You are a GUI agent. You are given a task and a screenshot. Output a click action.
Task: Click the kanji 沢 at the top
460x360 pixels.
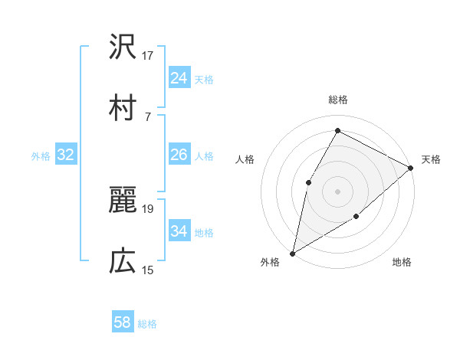(123, 48)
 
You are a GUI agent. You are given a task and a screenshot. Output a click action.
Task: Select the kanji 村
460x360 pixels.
(123, 109)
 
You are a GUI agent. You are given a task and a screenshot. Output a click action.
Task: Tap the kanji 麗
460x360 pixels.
(123, 201)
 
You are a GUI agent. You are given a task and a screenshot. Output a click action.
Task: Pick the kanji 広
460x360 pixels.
(123, 262)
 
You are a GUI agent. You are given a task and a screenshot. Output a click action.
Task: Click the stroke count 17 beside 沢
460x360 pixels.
(148, 55)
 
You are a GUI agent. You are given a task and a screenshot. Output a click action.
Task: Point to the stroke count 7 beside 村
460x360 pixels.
(147, 116)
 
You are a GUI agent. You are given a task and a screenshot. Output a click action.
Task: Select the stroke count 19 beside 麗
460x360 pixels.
(148, 208)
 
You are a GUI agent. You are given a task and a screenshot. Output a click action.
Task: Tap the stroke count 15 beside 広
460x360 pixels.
(148, 270)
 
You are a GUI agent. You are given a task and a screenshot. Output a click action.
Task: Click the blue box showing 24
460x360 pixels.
(179, 78)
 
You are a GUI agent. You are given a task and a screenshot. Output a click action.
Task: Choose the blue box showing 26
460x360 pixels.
(179, 155)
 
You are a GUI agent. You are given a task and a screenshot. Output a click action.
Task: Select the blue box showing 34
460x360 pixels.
(179, 231)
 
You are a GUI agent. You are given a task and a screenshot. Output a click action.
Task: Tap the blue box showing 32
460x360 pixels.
(66, 155)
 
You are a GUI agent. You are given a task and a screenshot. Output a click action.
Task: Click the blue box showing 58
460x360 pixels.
(123, 323)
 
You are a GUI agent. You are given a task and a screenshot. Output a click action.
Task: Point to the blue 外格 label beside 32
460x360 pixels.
(41, 156)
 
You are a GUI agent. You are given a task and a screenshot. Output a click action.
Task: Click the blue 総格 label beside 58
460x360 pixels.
(147, 324)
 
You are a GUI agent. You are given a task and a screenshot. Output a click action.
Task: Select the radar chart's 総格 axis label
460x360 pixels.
(337, 100)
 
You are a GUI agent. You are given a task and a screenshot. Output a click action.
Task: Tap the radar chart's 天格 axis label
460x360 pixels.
(431, 159)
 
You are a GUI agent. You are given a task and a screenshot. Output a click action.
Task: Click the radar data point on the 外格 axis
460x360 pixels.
(292, 253)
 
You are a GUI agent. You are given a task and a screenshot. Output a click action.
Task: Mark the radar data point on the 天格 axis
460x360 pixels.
(411, 167)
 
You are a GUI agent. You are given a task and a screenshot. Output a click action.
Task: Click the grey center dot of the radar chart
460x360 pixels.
(337, 191)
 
